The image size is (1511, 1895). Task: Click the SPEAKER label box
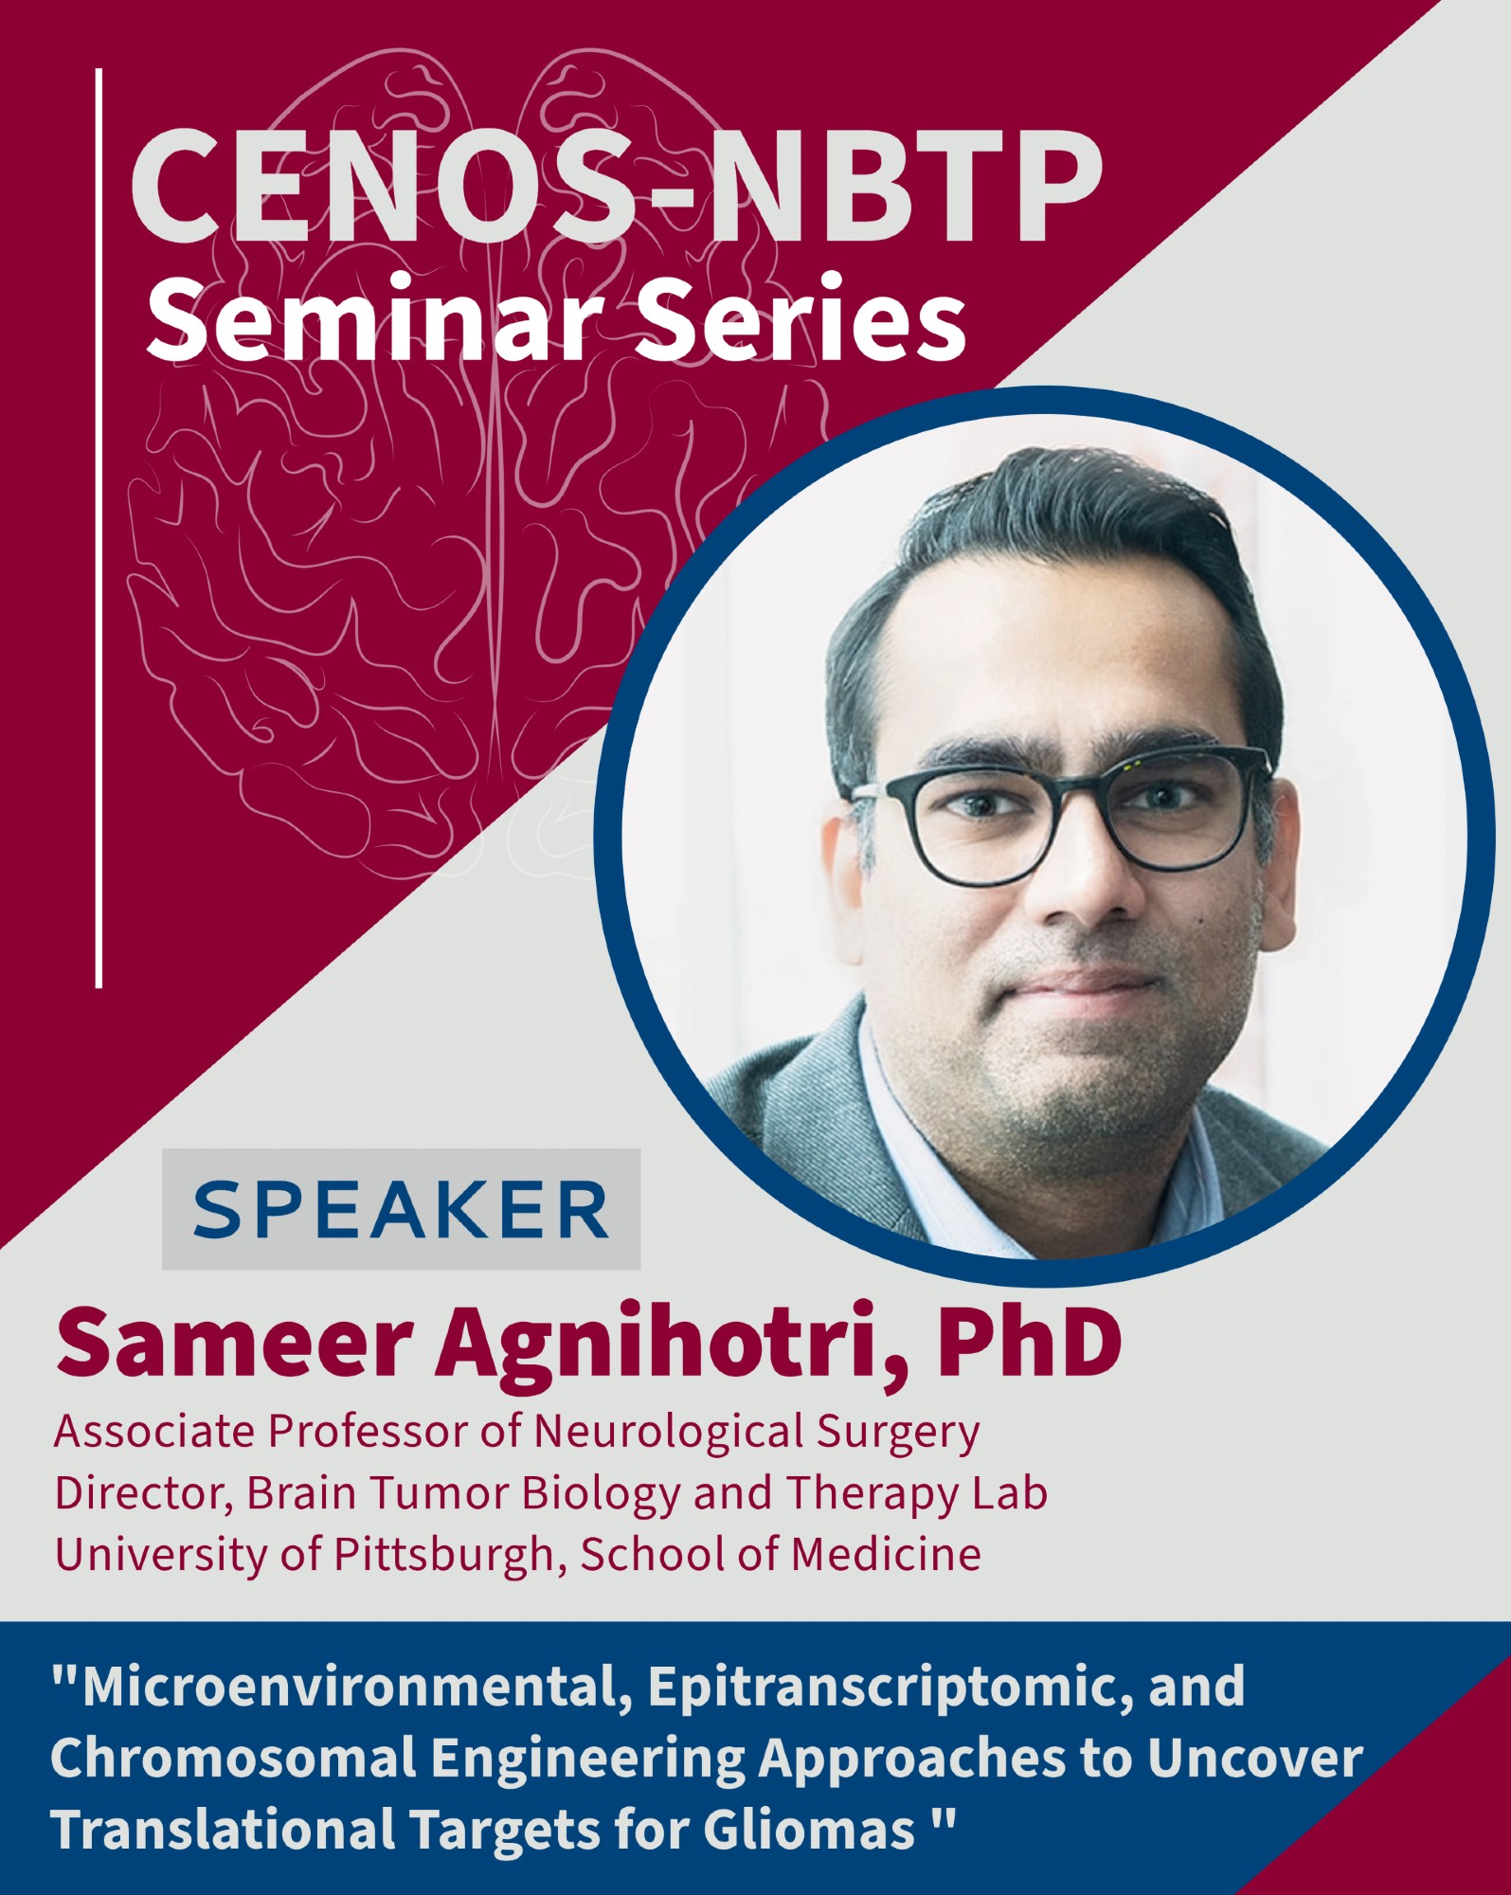coord(401,1209)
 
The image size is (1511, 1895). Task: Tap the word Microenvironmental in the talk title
coord(349,1687)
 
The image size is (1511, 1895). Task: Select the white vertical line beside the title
coord(99,528)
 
